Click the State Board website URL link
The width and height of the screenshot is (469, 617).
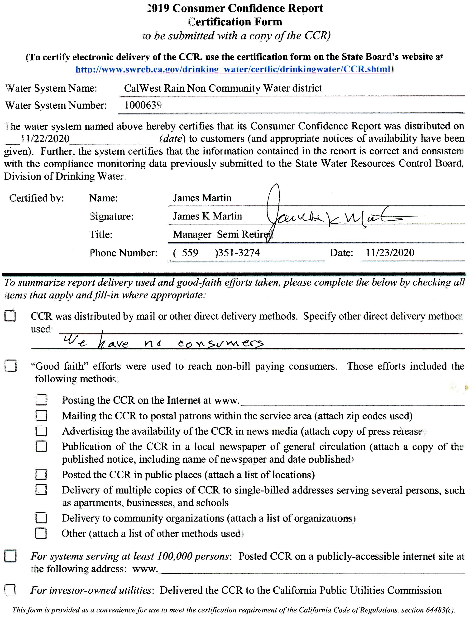tap(234, 69)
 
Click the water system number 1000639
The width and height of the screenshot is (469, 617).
tap(143, 105)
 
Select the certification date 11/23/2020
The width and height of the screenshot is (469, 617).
tap(390, 252)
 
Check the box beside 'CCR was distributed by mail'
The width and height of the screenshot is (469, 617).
tap(10, 316)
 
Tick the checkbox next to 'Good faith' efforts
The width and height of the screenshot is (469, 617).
tap(11, 366)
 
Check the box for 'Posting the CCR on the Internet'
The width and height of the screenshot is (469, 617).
tap(41, 400)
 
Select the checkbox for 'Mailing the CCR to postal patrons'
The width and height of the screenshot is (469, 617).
tap(41, 416)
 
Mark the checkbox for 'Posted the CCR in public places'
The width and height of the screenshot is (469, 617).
tap(41, 475)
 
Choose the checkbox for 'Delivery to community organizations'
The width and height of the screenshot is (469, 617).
tap(41, 518)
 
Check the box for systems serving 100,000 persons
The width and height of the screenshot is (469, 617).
tap(10, 556)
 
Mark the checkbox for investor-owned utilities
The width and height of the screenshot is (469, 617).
tap(10, 590)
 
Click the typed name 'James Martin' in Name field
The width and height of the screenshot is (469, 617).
tap(202, 198)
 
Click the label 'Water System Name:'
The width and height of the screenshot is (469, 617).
tap(51, 88)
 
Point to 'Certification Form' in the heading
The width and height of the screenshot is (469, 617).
tap(235, 22)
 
